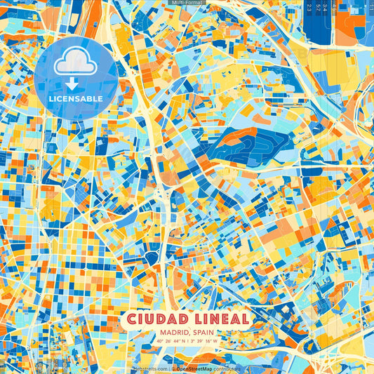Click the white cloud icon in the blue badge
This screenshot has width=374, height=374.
tap(75, 63)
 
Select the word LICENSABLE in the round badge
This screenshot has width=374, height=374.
tap(76, 99)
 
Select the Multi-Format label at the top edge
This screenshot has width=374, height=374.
tap(187, 4)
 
